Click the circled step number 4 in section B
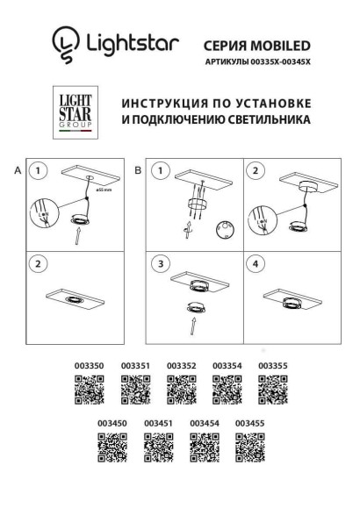[256, 263]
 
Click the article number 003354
[227, 365]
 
